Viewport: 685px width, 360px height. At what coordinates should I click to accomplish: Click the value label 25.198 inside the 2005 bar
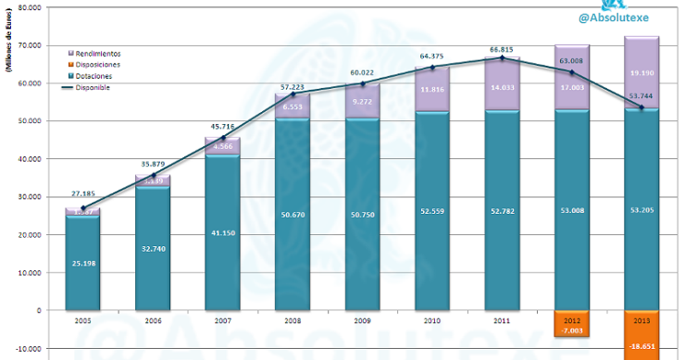(x=81, y=263)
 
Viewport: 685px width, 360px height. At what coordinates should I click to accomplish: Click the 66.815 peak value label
(x=501, y=50)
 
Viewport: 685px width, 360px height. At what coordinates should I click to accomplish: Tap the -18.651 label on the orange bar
(x=641, y=346)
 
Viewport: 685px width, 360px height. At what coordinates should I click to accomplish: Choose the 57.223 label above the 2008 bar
(x=291, y=85)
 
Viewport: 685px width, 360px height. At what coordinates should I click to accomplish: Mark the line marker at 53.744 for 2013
(x=641, y=107)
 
